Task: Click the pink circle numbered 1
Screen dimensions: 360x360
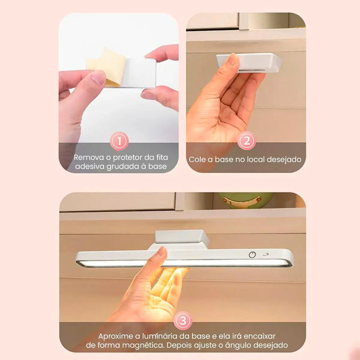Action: point(119,142)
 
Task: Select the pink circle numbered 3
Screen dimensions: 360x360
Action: point(182,321)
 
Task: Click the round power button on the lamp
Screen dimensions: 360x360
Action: point(252,254)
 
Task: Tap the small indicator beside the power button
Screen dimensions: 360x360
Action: point(266,254)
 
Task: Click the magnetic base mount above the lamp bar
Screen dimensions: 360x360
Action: point(182,238)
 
